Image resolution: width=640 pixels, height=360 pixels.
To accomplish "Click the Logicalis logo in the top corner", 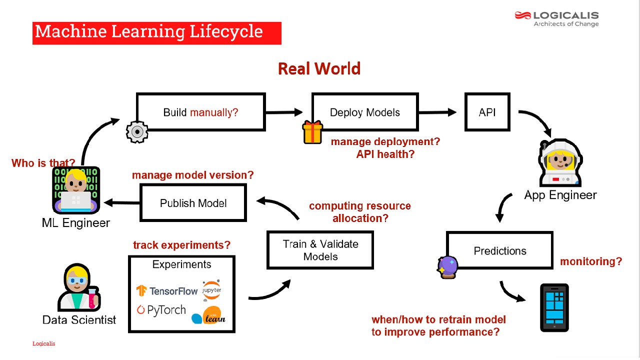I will click(x=556, y=18).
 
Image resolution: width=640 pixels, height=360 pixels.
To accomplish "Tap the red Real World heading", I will click(x=319, y=68).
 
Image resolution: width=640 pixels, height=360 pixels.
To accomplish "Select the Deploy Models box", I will click(x=365, y=112).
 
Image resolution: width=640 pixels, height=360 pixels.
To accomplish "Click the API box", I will click(x=487, y=112).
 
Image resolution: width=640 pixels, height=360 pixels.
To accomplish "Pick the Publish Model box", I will click(x=193, y=202).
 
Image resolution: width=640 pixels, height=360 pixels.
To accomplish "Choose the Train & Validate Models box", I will click(x=320, y=250).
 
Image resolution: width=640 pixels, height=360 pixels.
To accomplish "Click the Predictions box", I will click(x=499, y=250).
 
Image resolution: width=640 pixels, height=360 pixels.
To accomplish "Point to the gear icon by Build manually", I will click(x=136, y=132).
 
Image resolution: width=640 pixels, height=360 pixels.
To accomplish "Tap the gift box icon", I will click(x=312, y=132).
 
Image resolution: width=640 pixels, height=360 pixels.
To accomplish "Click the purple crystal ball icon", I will click(x=447, y=267).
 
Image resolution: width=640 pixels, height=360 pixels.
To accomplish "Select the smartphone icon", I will click(x=554, y=307).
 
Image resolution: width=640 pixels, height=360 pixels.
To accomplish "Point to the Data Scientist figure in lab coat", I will click(x=77, y=289).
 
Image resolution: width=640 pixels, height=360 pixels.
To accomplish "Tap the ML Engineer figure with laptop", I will click(x=76, y=190).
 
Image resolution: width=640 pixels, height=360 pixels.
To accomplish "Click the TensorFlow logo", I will click(x=167, y=290).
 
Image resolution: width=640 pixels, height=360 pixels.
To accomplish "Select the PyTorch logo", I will click(x=161, y=310).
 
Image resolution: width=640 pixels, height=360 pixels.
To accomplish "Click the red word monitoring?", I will click(x=591, y=261).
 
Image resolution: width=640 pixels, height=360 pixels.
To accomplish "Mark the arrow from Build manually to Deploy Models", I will click(x=284, y=112).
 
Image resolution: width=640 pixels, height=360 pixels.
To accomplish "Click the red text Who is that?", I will click(x=43, y=163).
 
